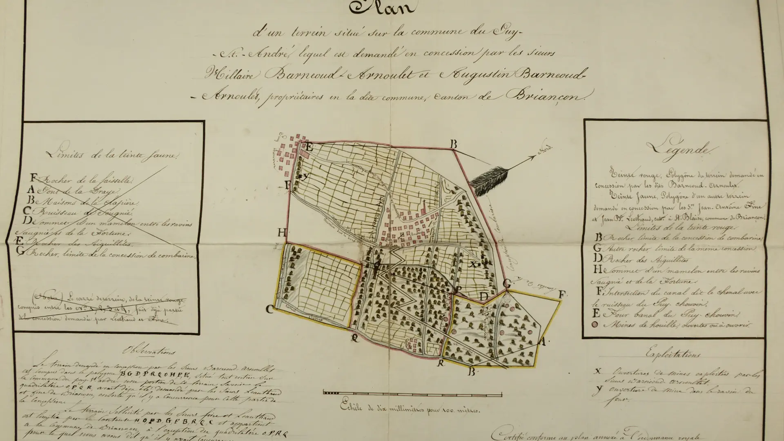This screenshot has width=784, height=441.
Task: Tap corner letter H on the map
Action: tap(282, 233)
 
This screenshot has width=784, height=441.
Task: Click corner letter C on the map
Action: tap(269, 309)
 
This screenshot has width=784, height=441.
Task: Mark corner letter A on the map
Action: tap(542, 342)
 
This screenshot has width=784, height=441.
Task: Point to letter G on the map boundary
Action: tap(507, 283)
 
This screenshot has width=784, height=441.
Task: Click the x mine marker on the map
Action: tap(473, 264)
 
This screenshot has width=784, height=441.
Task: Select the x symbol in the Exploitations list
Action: tap(598, 371)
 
